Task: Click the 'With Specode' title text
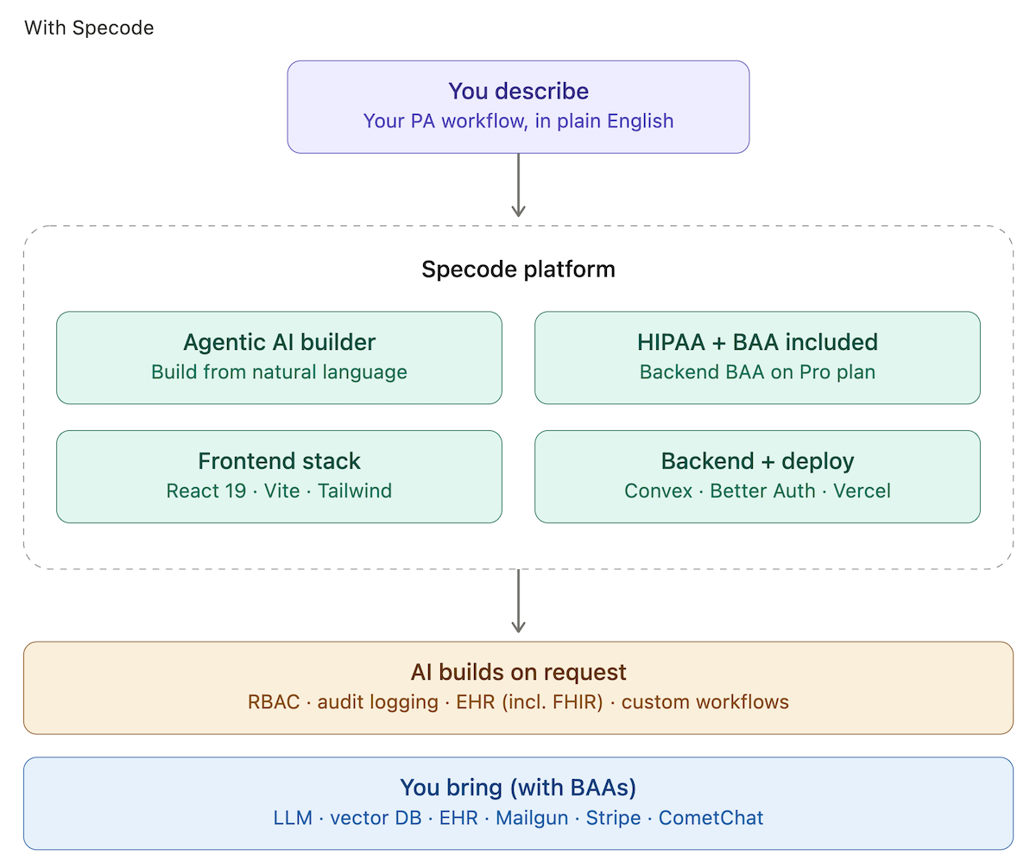[x=89, y=28]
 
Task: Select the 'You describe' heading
[x=518, y=92]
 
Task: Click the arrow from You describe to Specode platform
[x=518, y=186]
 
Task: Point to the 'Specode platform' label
[x=518, y=269]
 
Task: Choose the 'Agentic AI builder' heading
[x=279, y=343]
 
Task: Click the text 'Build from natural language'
[x=279, y=372]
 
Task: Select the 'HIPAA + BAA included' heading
[x=757, y=343]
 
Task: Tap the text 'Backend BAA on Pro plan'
[x=757, y=372]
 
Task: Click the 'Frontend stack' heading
[x=279, y=461]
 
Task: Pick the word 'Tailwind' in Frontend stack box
[x=355, y=491]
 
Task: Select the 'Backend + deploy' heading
[x=757, y=461]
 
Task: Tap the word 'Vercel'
[x=862, y=491]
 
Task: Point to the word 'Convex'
[x=658, y=491]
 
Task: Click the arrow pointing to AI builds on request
[x=518, y=602]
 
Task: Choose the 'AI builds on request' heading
[x=518, y=673]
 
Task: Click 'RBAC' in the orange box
[x=273, y=702]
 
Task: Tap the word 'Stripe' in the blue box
[x=613, y=818]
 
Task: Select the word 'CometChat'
[x=711, y=818]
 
